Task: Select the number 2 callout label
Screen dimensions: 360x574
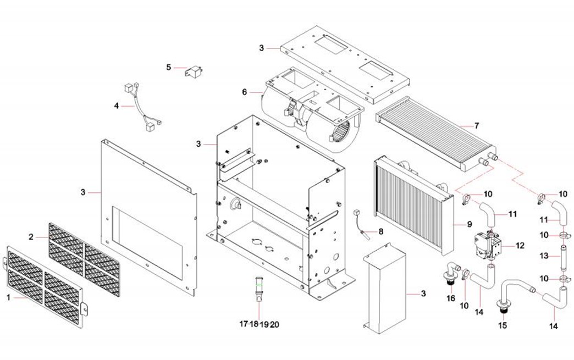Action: [31, 237]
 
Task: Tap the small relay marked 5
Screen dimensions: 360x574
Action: [196, 71]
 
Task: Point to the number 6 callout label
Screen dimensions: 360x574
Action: [245, 92]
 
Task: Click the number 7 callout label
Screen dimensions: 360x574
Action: [477, 126]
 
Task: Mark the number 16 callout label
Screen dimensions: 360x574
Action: [451, 298]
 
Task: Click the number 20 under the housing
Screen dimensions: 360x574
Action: [275, 324]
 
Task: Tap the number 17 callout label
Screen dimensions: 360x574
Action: [243, 324]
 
